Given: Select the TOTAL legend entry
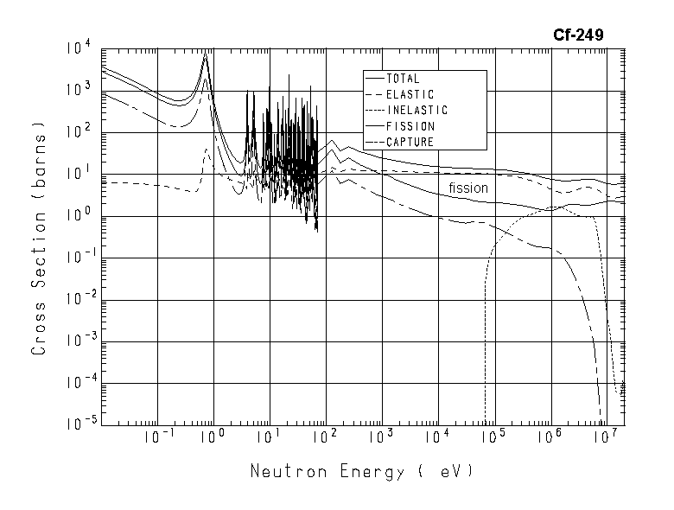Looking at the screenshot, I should [404, 79].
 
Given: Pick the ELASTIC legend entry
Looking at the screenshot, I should [410, 94].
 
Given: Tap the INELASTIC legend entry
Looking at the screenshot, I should [416, 111].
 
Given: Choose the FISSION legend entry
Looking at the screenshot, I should [410, 126].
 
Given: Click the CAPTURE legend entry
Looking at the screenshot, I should [410, 142].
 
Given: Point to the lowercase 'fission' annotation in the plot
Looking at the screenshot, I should [468, 188].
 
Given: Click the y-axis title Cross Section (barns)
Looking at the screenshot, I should [38, 238].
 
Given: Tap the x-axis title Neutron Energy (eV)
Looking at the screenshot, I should [362, 472].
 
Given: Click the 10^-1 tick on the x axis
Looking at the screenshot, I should [157, 437].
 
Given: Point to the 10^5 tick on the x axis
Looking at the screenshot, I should [493, 437].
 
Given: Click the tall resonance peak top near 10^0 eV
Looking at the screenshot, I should [206, 54].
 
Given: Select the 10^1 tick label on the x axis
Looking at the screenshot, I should [269, 437].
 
